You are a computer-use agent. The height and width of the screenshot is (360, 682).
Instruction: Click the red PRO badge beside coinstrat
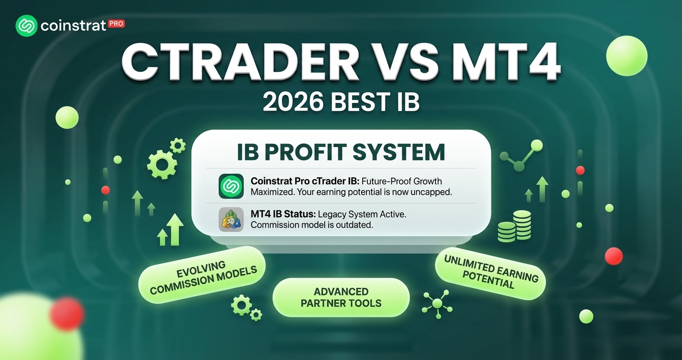click(116, 24)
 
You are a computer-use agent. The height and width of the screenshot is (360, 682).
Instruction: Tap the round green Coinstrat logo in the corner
click(26, 26)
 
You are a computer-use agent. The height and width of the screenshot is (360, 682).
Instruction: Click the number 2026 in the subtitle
click(293, 102)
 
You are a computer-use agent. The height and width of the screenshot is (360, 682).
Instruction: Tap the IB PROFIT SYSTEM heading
click(341, 152)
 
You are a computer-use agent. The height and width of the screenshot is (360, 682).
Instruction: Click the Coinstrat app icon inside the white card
click(231, 186)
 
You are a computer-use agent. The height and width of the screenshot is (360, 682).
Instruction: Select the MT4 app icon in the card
click(231, 219)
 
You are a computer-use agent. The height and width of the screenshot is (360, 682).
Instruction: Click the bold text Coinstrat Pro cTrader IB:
click(305, 181)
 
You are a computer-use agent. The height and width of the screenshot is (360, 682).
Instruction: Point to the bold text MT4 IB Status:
click(283, 214)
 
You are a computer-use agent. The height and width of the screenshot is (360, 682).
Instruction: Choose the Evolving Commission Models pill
click(202, 275)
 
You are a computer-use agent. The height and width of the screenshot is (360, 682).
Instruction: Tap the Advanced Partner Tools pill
click(341, 297)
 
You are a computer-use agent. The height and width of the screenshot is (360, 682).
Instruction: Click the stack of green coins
click(514, 226)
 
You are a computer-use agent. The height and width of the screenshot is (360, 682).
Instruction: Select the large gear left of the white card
click(161, 165)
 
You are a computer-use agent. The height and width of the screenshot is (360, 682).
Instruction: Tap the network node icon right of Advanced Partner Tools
click(437, 304)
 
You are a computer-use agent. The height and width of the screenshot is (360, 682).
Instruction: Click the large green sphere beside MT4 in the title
click(626, 56)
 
